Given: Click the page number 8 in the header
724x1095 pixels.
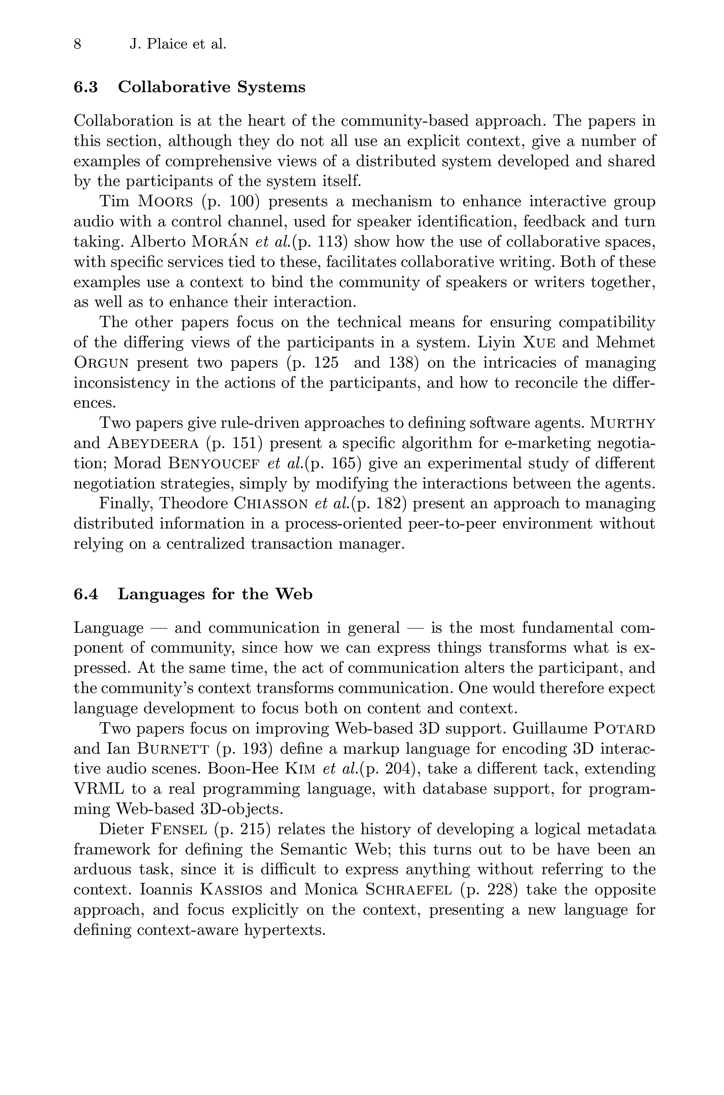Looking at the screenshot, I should pos(78,44).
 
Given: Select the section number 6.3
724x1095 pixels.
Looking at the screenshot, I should pos(86,87).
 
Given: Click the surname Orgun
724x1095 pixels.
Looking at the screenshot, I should pos(101,363).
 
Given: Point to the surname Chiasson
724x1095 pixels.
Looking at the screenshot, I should pos(271,503).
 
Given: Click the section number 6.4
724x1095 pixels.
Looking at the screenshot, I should pos(86,594).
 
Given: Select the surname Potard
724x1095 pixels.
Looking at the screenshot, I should pos(624,729).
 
